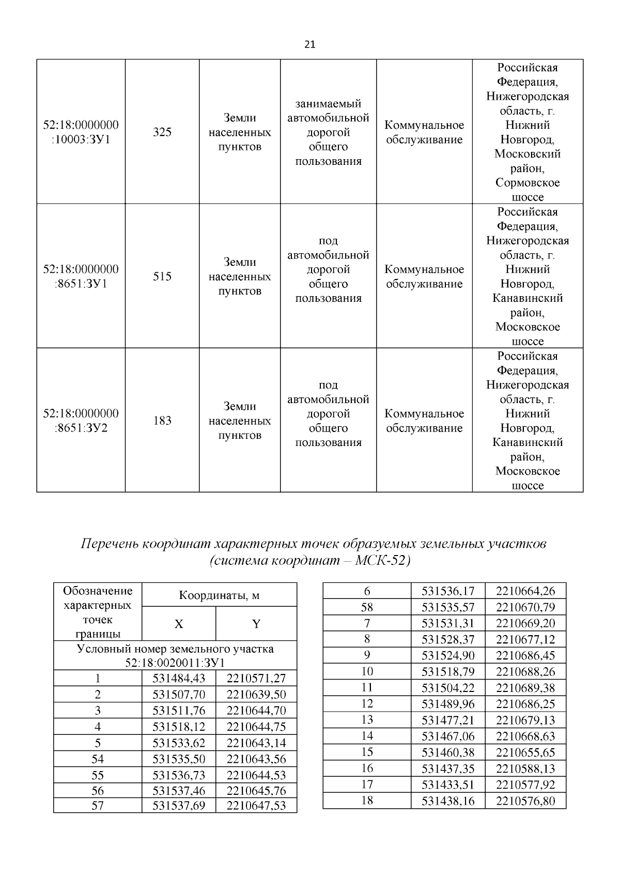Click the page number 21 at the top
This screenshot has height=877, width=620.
point(310,44)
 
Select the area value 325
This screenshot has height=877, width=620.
point(162,132)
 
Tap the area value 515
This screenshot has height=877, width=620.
point(162,276)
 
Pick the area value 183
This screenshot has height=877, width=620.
point(162,421)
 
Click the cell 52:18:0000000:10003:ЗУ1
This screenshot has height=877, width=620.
point(81,132)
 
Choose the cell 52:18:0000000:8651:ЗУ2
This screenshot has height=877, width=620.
point(81,421)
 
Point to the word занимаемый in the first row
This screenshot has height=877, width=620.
point(328,104)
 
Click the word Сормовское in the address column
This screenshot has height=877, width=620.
point(528,183)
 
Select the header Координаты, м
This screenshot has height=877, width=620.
point(219,595)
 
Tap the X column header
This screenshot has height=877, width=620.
point(179,624)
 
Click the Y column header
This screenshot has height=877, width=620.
point(256,624)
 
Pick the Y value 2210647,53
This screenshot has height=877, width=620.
point(256,806)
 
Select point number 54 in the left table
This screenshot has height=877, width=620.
point(98,759)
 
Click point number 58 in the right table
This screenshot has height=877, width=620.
point(367,607)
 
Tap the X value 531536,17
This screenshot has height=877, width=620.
point(447,591)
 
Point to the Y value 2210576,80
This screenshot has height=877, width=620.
point(525,801)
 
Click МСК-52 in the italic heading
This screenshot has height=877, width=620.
point(382,561)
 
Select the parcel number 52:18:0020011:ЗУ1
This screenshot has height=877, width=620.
point(175,663)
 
